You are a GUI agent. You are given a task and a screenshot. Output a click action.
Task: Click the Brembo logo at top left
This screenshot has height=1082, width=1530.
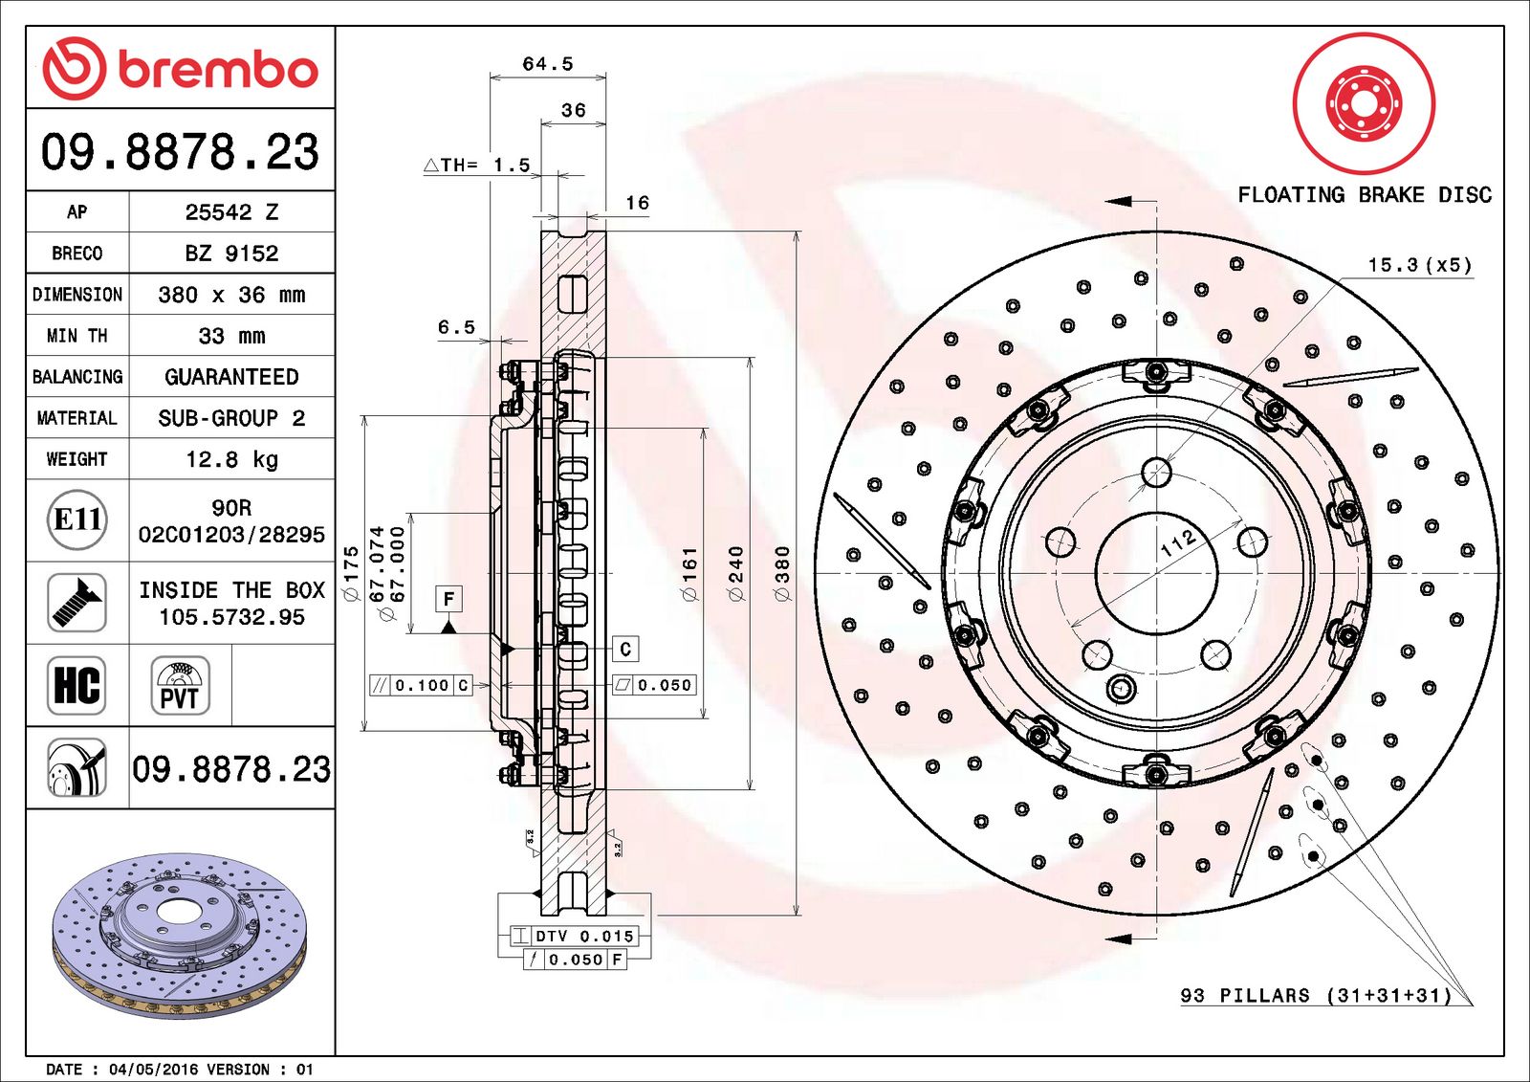[181, 69]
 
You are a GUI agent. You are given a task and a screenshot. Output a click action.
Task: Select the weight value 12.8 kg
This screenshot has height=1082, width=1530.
[231, 459]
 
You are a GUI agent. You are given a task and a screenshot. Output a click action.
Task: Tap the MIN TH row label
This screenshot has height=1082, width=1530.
[77, 336]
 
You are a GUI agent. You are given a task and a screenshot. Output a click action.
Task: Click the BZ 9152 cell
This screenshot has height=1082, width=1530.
[231, 254]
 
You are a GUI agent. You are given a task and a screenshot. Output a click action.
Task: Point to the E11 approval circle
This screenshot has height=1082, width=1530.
[77, 520]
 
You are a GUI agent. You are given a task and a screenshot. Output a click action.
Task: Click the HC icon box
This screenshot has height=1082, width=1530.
[76, 686]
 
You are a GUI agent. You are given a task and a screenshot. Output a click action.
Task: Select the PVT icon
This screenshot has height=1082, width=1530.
[181, 686]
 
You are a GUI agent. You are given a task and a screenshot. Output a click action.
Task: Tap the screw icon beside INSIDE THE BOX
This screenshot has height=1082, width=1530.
[76, 603]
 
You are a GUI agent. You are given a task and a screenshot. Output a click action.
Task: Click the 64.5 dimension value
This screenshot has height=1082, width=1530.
[548, 63]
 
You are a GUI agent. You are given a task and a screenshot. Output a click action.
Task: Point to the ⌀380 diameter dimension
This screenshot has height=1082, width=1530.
[782, 573]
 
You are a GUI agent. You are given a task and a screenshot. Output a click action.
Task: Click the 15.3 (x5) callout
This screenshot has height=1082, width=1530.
[1420, 264]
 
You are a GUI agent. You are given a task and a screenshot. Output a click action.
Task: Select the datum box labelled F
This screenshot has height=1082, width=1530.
[448, 599]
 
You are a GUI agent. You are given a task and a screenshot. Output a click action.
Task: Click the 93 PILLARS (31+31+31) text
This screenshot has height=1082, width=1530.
[1316, 995]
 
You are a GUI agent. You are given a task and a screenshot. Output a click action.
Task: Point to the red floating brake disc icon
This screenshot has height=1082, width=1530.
[1364, 104]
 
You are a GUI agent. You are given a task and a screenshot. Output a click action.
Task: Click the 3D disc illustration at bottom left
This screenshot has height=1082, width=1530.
[181, 936]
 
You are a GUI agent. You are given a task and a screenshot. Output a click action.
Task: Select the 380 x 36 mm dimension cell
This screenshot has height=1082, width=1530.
[231, 295]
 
